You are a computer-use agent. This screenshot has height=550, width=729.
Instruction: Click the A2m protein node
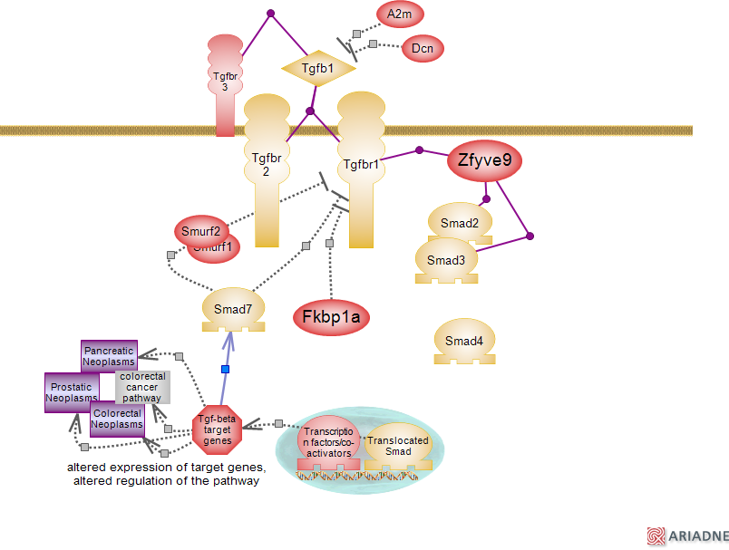pos(400,14)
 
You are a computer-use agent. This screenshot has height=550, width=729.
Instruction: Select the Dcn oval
pos(422,48)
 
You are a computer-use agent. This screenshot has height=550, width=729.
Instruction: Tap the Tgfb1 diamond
pos(317,68)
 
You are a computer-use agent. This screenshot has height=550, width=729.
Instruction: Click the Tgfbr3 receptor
pos(225,81)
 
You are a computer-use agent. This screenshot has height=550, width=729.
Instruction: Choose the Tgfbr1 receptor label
pos(361,166)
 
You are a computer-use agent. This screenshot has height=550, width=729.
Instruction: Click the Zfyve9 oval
pos(485,162)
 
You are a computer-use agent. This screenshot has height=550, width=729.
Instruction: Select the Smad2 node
pos(460,223)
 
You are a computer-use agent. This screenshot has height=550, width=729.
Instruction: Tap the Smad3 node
pos(445,260)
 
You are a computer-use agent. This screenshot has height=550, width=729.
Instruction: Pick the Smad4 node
pos(464,342)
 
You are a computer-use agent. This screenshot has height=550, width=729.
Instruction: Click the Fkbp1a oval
pos(331,317)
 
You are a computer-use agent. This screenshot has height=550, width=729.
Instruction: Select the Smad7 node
pos(233,309)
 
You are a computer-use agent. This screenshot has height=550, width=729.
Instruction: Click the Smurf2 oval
pos(199,230)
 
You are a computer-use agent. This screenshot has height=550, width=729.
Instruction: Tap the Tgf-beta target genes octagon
pos(218,429)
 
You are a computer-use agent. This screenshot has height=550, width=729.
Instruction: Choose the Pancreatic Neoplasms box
pos(109,356)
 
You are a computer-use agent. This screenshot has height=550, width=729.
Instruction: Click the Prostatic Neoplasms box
pos(72,391)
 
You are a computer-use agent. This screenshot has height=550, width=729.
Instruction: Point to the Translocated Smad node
pos(399,446)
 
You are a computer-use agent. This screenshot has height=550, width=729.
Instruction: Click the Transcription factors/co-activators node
pos(328,441)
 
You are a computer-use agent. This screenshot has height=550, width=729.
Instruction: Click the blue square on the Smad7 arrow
pos(226,369)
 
